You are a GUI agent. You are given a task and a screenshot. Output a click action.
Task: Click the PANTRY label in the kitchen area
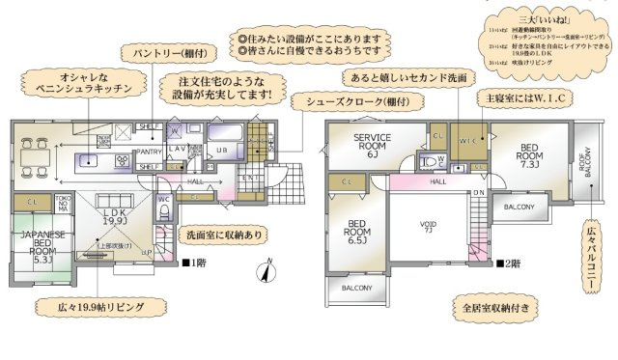coord(149,152)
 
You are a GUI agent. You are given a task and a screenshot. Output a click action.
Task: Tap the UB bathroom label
coord(220,151)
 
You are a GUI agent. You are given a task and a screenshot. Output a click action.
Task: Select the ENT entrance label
coord(249,178)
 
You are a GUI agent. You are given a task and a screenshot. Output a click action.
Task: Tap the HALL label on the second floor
coord(437,180)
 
